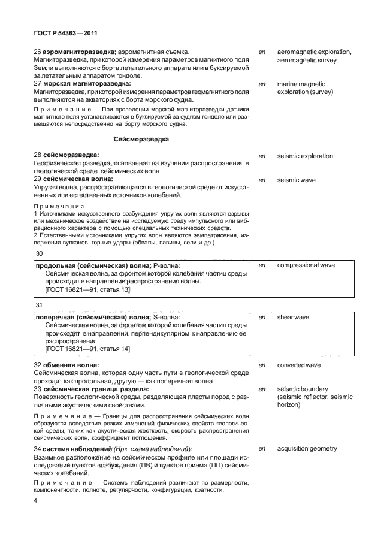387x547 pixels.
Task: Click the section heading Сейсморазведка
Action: (141, 139)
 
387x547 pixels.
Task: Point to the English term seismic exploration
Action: (305, 156)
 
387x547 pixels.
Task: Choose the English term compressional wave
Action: (306, 265)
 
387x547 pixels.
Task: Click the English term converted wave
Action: (299, 365)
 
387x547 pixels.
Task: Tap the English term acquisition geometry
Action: (307, 448)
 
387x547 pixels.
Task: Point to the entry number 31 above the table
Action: (40, 306)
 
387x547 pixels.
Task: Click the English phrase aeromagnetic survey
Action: (307, 61)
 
